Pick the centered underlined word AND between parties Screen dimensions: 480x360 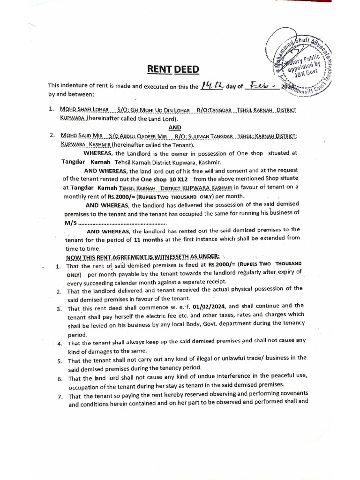174,127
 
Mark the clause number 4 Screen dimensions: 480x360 60,344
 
